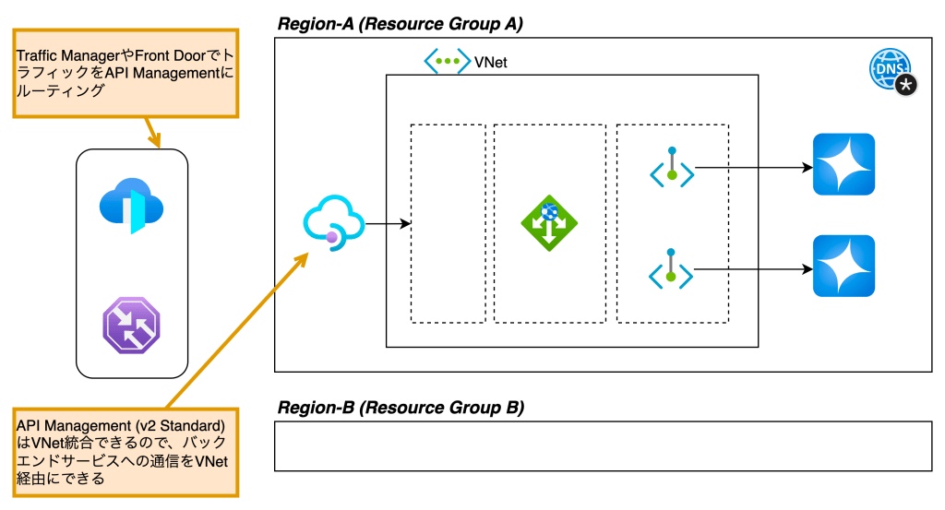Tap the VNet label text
pos(490,63)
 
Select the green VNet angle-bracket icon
pos(447,62)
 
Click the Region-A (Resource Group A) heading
pos(401,24)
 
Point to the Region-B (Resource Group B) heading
pos(401,407)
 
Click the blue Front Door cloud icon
pos(131,205)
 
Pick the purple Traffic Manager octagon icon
pos(131,326)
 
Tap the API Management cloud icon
pos(332,222)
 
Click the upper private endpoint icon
pos(672,168)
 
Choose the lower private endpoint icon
pos(672,269)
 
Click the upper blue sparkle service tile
pos(843,165)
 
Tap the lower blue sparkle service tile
pos(843,267)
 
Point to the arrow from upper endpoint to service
pos(752,168)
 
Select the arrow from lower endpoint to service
pos(752,269)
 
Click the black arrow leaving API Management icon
pos(389,223)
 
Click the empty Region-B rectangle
pos(603,445)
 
